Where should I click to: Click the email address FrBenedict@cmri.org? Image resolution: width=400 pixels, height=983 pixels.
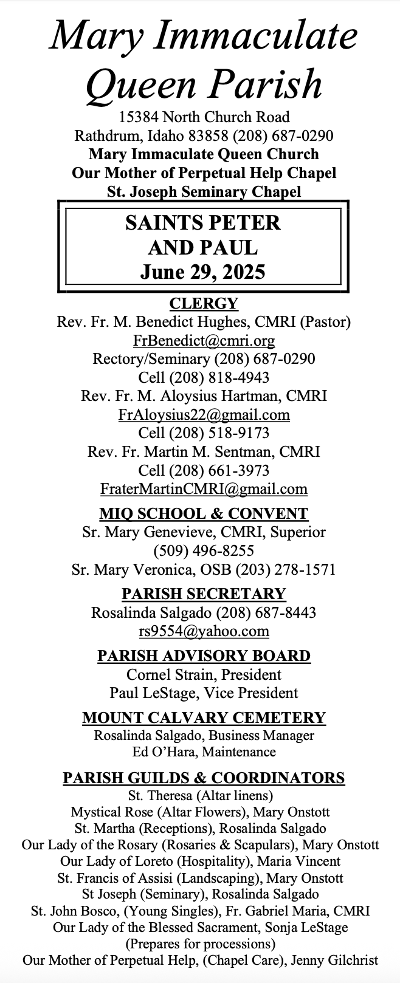click(204, 340)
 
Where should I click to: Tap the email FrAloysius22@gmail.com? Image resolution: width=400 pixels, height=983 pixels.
click(204, 415)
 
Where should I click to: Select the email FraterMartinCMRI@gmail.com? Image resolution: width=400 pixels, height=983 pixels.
click(204, 489)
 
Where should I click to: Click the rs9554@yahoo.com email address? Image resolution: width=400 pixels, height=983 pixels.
click(204, 631)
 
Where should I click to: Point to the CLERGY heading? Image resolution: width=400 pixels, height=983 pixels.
click(204, 303)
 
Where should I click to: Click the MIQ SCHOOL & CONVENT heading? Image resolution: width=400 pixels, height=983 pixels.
click(204, 513)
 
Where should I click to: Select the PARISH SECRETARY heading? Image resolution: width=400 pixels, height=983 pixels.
click(204, 594)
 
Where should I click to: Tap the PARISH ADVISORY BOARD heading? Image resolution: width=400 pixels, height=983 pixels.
click(204, 656)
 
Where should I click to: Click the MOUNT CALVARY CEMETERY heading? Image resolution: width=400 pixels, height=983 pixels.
click(204, 718)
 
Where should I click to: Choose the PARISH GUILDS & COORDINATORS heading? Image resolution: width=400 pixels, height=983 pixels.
click(204, 778)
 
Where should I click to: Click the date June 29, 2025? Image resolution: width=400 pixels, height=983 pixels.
click(203, 271)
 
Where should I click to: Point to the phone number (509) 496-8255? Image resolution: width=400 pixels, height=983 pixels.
click(204, 551)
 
